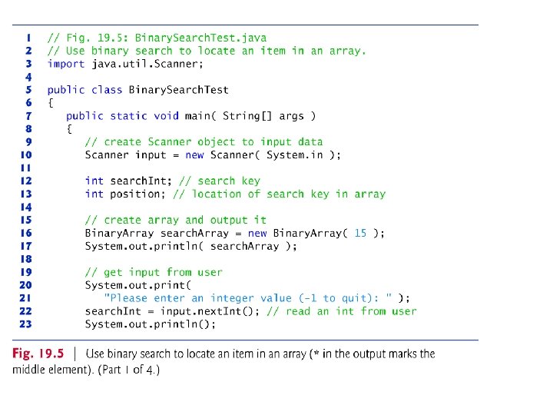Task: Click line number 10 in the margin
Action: click(26, 154)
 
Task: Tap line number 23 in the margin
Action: click(26, 324)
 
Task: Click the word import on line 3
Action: click(66, 64)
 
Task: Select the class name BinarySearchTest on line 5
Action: click(178, 89)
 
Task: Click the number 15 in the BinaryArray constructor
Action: click(359, 233)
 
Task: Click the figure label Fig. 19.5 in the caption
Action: click(38, 354)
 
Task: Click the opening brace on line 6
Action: click(51, 102)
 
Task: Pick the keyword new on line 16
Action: click(257, 233)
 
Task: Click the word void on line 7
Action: click(166, 115)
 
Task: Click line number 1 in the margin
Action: click(28, 38)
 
